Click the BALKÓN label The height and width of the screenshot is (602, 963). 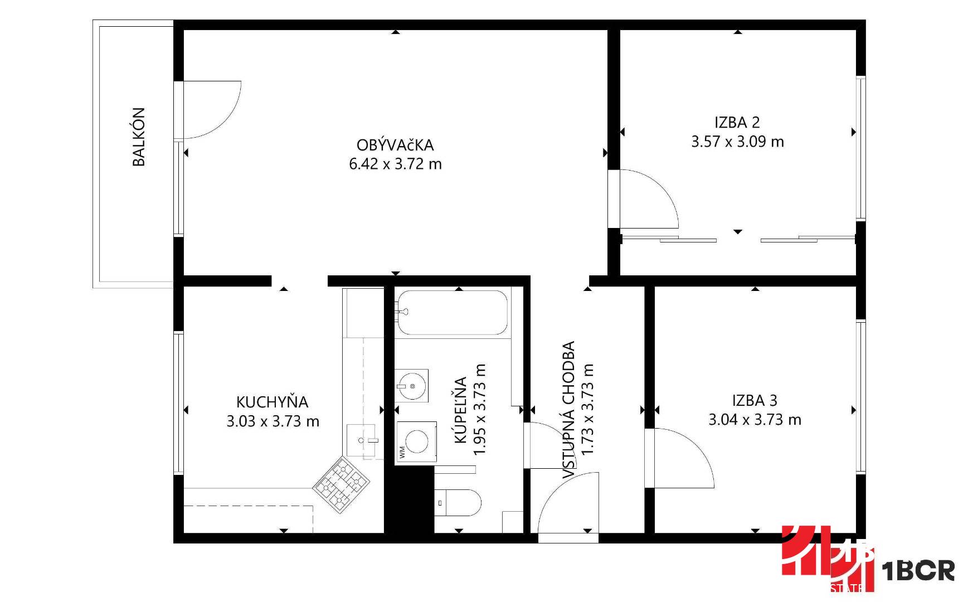click(x=139, y=137)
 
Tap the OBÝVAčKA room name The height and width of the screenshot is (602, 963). click(x=395, y=145)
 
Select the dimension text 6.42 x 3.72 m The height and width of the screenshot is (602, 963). click(x=395, y=164)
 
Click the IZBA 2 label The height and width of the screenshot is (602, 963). click(x=737, y=122)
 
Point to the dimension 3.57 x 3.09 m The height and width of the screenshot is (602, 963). click(x=737, y=142)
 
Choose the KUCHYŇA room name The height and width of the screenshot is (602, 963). click(x=272, y=401)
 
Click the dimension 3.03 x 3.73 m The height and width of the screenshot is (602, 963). click(x=273, y=421)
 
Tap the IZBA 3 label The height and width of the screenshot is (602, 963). click(x=755, y=400)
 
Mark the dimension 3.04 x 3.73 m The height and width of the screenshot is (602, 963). click(x=755, y=419)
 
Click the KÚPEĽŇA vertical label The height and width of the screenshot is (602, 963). click(x=460, y=410)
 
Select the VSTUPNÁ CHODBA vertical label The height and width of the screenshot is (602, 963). click(x=568, y=410)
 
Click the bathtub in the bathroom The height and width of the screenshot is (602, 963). click(x=452, y=313)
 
